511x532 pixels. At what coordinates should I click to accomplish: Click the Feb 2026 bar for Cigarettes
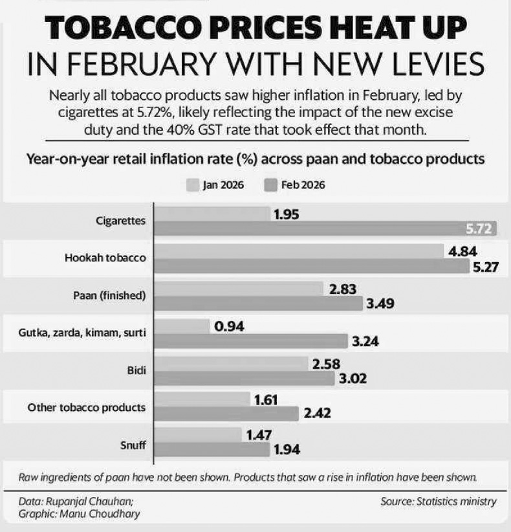point(323,228)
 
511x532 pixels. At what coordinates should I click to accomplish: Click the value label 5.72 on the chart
point(480,229)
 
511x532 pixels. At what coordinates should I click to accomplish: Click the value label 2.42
point(316,412)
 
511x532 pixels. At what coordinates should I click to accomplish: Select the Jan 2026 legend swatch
point(193,185)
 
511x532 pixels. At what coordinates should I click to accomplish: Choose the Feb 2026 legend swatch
point(271,185)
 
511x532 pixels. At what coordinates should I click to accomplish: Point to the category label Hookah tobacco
point(105,258)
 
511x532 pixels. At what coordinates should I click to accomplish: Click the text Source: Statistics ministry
point(439,501)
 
